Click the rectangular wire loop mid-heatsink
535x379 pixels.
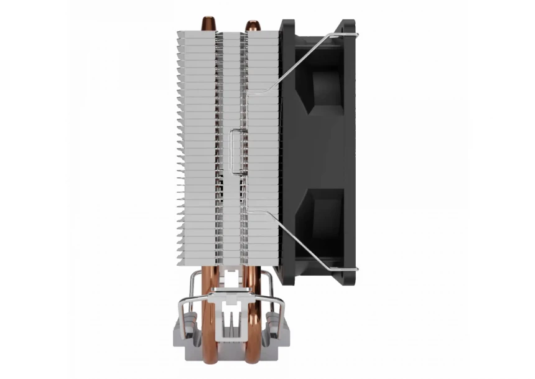(238, 150)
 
